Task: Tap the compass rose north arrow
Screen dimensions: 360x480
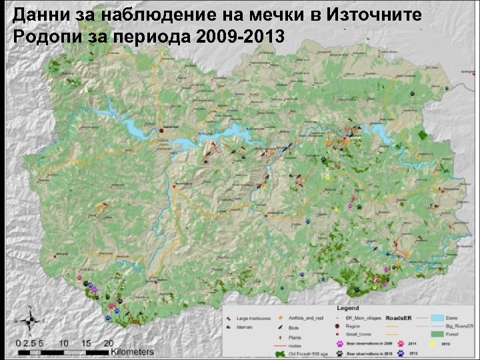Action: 31,322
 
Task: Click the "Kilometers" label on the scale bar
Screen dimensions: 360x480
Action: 131,351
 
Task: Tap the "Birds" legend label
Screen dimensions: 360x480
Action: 293,328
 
